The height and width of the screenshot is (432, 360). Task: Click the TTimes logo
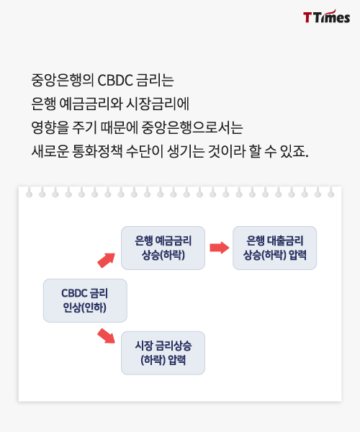pyautogui.click(x=327, y=17)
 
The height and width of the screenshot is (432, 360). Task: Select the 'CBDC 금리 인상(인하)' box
pyautogui.click(x=85, y=300)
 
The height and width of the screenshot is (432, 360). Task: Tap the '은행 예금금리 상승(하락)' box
pyautogui.click(x=163, y=248)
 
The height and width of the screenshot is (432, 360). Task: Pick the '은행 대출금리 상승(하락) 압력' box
pyautogui.click(x=274, y=248)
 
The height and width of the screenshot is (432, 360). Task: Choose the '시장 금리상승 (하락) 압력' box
pyautogui.click(x=163, y=353)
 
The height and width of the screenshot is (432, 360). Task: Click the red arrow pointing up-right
pyautogui.click(x=107, y=260)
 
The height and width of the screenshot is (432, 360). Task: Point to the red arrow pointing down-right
pyautogui.click(x=107, y=336)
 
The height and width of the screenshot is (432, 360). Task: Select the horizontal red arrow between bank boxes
pyautogui.click(x=220, y=248)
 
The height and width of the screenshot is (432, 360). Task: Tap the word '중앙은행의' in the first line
pyautogui.click(x=63, y=81)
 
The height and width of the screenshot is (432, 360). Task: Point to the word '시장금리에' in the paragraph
pyautogui.click(x=158, y=104)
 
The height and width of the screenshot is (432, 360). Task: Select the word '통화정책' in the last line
pyautogui.click(x=97, y=151)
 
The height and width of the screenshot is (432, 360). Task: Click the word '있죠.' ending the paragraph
pyautogui.click(x=294, y=151)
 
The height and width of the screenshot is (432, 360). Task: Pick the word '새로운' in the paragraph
pyautogui.click(x=50, y=151)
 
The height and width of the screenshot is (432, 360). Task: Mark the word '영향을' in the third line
pyautogui.click(x=50, y=127)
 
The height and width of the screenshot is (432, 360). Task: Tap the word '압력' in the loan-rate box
pyautogui.click(x=298, y=255)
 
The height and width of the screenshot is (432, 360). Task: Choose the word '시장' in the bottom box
pyautogui.click(x=143, y=346)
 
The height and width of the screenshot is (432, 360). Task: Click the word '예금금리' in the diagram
pyautogui.click(x=174, y=240)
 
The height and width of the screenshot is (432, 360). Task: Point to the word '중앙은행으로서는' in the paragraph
pyautogui.click(x=192, y=127)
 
